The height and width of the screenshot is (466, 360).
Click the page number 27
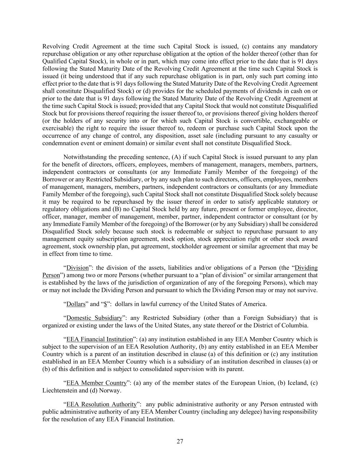click(180, 441)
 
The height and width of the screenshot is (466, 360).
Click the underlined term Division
click(77, 268)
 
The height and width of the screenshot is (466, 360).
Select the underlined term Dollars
click(76, 304)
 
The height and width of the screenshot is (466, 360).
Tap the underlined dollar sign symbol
click(105, 304)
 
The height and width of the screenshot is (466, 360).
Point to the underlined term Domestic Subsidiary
click(94, 318)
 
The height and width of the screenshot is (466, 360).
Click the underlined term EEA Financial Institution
click(99, 339)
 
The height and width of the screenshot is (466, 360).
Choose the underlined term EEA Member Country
click(96, 383)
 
